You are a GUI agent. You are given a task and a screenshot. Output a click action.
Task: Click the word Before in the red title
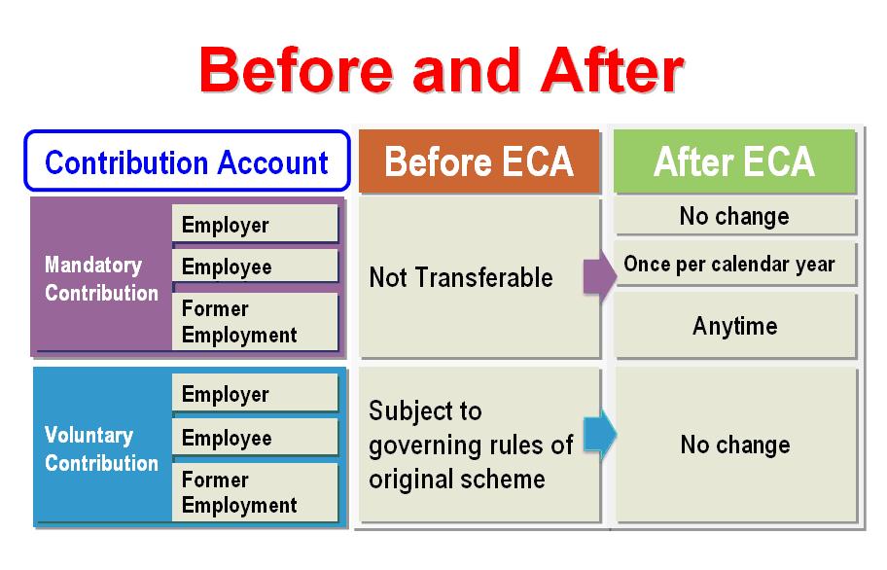(x=296, y=70)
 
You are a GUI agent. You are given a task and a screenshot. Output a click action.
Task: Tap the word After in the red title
(x=612, y=70)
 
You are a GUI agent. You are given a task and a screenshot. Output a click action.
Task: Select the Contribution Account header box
(x=187, y=161)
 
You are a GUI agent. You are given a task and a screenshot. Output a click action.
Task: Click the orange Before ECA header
(x=479, y=161)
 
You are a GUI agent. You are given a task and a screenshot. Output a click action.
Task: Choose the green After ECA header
(x=735, y=161)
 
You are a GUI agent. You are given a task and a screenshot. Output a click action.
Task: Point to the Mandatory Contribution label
(x=101, y=279)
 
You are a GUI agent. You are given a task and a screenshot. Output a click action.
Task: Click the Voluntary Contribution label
(x=101, y=449)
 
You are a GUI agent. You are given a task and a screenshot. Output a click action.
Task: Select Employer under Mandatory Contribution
(x=255, y=224)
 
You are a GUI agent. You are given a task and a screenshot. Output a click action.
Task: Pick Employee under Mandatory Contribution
(x=255, y=267)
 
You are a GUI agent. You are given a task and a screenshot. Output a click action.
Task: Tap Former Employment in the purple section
(x=255, y=321)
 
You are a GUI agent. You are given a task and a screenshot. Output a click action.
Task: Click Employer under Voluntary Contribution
(x=255, y=394)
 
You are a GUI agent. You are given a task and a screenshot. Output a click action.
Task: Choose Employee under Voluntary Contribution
(x=255, y=437)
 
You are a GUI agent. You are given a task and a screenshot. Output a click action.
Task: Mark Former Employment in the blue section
(x=255, y=492)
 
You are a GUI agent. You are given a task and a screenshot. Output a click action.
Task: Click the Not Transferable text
(x=461, y=277)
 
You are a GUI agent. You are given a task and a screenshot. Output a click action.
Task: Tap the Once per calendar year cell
(x=735, y=264)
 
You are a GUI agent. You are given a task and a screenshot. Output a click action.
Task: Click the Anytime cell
(x=735, y=326)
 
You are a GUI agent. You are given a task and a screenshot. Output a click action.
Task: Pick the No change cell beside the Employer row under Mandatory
(x=735, y=216)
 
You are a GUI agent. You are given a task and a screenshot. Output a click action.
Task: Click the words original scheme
(x=457, y=480)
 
